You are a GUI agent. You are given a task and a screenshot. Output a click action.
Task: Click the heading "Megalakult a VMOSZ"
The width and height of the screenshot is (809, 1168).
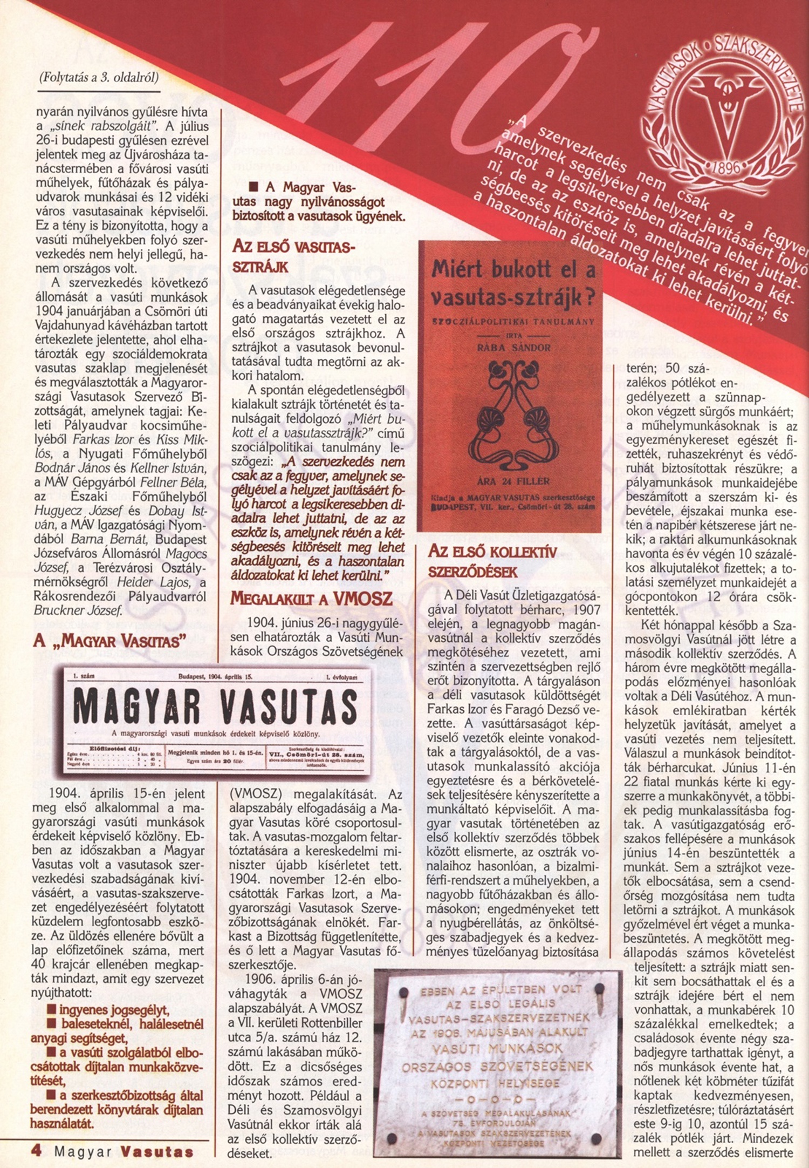click(x=312, y=599)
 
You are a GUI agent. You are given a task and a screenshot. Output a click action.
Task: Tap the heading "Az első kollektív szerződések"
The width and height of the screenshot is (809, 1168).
click(x=492, y=562)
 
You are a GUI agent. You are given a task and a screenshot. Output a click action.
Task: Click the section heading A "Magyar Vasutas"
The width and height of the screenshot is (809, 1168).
click(x=109, y=641)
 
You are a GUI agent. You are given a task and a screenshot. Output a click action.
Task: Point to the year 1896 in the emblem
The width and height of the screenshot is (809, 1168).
click(x=725, y=167)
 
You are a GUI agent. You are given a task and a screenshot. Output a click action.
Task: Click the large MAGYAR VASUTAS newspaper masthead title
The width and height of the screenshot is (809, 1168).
click(x=215, y=706)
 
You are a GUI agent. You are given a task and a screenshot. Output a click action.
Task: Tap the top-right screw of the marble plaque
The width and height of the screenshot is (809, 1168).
click(x=598, y=990)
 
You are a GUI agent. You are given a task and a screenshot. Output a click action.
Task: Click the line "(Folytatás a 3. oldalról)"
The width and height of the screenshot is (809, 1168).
click(x=99, y=78)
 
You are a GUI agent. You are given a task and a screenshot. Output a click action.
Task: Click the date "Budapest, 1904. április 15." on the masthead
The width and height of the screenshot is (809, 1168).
click(x=215, y=676)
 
